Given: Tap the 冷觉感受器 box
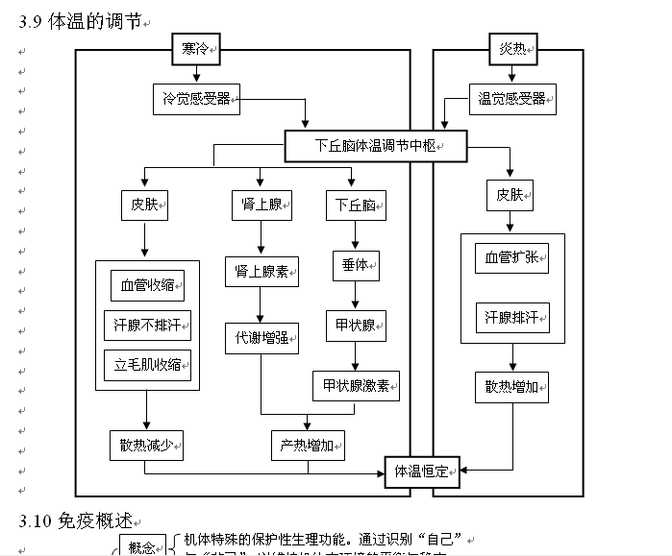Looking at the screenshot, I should tap(195, 98).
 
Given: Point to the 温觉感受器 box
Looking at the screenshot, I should tap(512, 98).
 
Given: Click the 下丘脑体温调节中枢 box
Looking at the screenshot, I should tap(376, 146).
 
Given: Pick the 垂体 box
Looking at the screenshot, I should tap(355, 266).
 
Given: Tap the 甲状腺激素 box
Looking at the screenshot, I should tap(355, 386).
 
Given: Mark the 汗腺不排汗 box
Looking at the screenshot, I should tap(147, 326).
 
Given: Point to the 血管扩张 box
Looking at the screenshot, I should tap(511, 259).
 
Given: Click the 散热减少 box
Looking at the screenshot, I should tap(146, 446).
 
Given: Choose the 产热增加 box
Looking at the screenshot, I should tap(307, 446).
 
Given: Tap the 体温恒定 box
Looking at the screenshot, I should tap(423, 471).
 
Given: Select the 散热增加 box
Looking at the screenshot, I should tap(512, 388).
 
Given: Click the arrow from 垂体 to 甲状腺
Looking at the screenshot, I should tap(355, 296).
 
